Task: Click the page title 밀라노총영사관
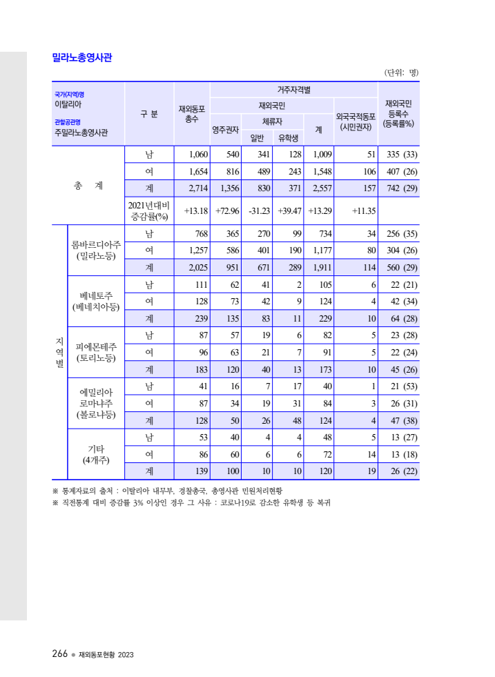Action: pos(82,57)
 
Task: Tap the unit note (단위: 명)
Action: pos(401,72)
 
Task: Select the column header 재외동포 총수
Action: pos(192,114)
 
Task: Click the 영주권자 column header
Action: pos(225,129)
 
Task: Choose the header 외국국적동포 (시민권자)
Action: pos(356,121)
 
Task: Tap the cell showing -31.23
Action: pos(258,210)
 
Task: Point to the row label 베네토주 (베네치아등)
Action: pos(96,302)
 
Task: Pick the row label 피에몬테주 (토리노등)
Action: pos(96,352)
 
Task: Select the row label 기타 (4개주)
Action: pos(96,453)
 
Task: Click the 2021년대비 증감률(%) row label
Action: pos(149,210)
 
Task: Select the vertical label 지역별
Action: pos(59,352)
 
